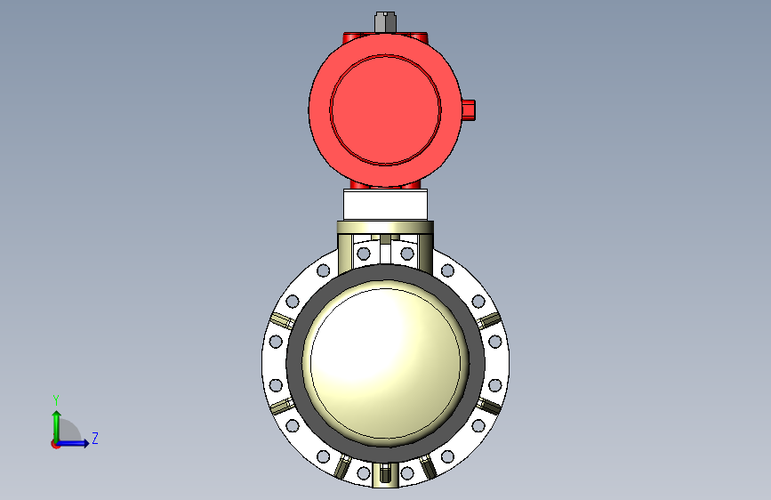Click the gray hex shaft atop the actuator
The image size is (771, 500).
[385, 22]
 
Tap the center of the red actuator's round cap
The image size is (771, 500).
[386, 109]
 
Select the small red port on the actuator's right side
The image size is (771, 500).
[469, 109]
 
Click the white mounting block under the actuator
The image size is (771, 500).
[386, 205]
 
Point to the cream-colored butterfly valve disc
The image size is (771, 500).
[386, 362]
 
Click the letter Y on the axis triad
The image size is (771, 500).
[56, 400]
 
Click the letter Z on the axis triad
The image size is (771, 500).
[95, 438]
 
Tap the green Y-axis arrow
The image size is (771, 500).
[57, 426]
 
